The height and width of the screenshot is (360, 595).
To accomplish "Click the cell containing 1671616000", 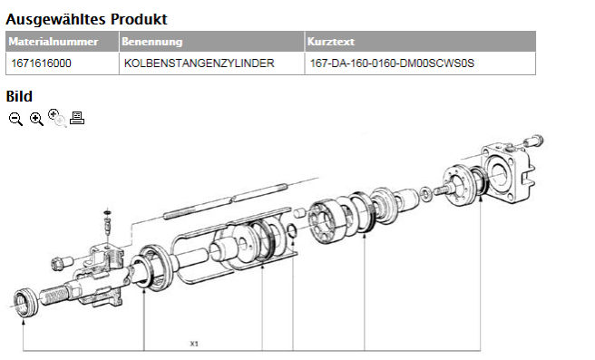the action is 63,63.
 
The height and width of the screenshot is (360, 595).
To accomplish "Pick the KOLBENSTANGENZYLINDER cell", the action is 211,63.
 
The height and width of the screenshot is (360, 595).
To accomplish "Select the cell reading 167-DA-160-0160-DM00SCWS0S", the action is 421,63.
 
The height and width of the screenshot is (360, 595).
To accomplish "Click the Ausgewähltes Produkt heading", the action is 86,19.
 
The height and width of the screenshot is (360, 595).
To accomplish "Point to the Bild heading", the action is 19,96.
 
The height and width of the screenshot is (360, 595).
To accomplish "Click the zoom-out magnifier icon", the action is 15,119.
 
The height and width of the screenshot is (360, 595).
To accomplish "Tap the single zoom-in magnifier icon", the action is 36,119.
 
